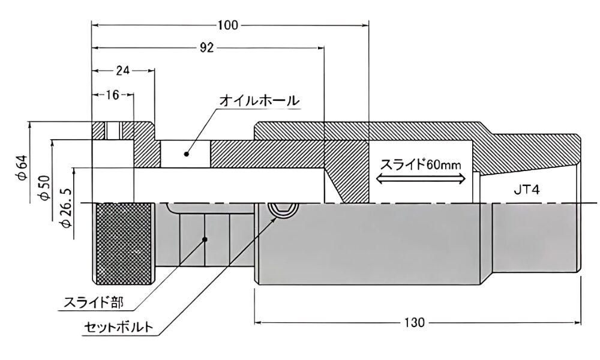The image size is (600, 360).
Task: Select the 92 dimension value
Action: (x=206, y=49)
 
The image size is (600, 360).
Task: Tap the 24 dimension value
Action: (x=122, y=70)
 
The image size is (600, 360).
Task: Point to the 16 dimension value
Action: (x=112, y=94)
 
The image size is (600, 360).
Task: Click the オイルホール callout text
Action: (x=259, y=100)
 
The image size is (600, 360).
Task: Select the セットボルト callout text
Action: (x=121, y=328)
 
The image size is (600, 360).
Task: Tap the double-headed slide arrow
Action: (x=421, y=178)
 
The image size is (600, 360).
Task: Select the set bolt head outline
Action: (x=280, y=211)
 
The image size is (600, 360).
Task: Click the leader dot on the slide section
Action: (x=205, y=239)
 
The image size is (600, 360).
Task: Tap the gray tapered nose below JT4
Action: (x=536, y=237)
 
